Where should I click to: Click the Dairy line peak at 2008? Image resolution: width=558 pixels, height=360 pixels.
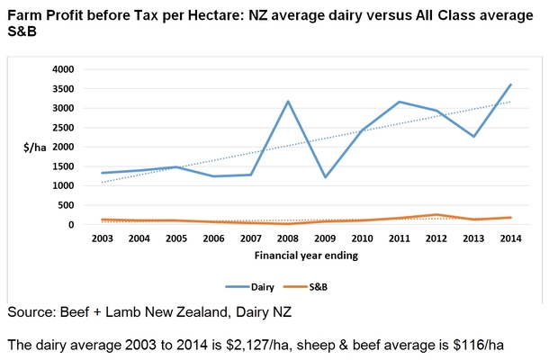coord(288,102)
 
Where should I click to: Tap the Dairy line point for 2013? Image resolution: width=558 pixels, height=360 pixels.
coord(474,137)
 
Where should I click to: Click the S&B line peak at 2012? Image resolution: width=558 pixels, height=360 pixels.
coord(436,215)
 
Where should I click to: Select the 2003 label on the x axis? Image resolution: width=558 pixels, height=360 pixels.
coord(102,238)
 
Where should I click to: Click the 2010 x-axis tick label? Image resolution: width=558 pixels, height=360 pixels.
coord(362,238)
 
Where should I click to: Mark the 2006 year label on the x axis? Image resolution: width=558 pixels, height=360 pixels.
coord(213,238)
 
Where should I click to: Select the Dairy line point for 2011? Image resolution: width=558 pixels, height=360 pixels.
coord(400,102)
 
